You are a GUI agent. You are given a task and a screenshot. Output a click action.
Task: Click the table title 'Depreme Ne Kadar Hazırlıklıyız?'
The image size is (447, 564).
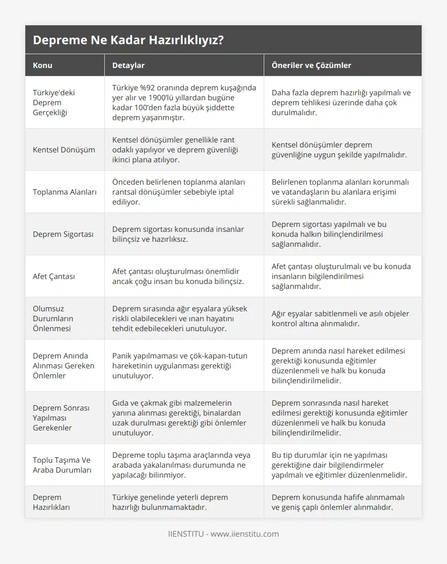click(128, 40)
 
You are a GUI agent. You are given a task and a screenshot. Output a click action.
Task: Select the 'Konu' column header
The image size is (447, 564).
click(43, 65)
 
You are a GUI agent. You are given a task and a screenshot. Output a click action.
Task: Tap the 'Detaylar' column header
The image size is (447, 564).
click(128, 65)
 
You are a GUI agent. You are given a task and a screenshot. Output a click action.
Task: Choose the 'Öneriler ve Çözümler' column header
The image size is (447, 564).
click(311, 65)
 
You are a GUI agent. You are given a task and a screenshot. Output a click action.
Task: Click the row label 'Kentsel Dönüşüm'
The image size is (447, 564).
click(64, 149)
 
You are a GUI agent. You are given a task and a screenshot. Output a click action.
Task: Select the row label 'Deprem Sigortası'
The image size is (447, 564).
click(63, 234)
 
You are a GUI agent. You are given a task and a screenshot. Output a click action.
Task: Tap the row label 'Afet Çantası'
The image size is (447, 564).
click(54, 276)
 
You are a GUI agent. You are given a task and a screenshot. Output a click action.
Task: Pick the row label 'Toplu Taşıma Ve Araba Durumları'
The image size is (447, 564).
click(62, 465)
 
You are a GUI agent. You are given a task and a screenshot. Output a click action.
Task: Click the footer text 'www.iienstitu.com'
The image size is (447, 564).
click(244, 534)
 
